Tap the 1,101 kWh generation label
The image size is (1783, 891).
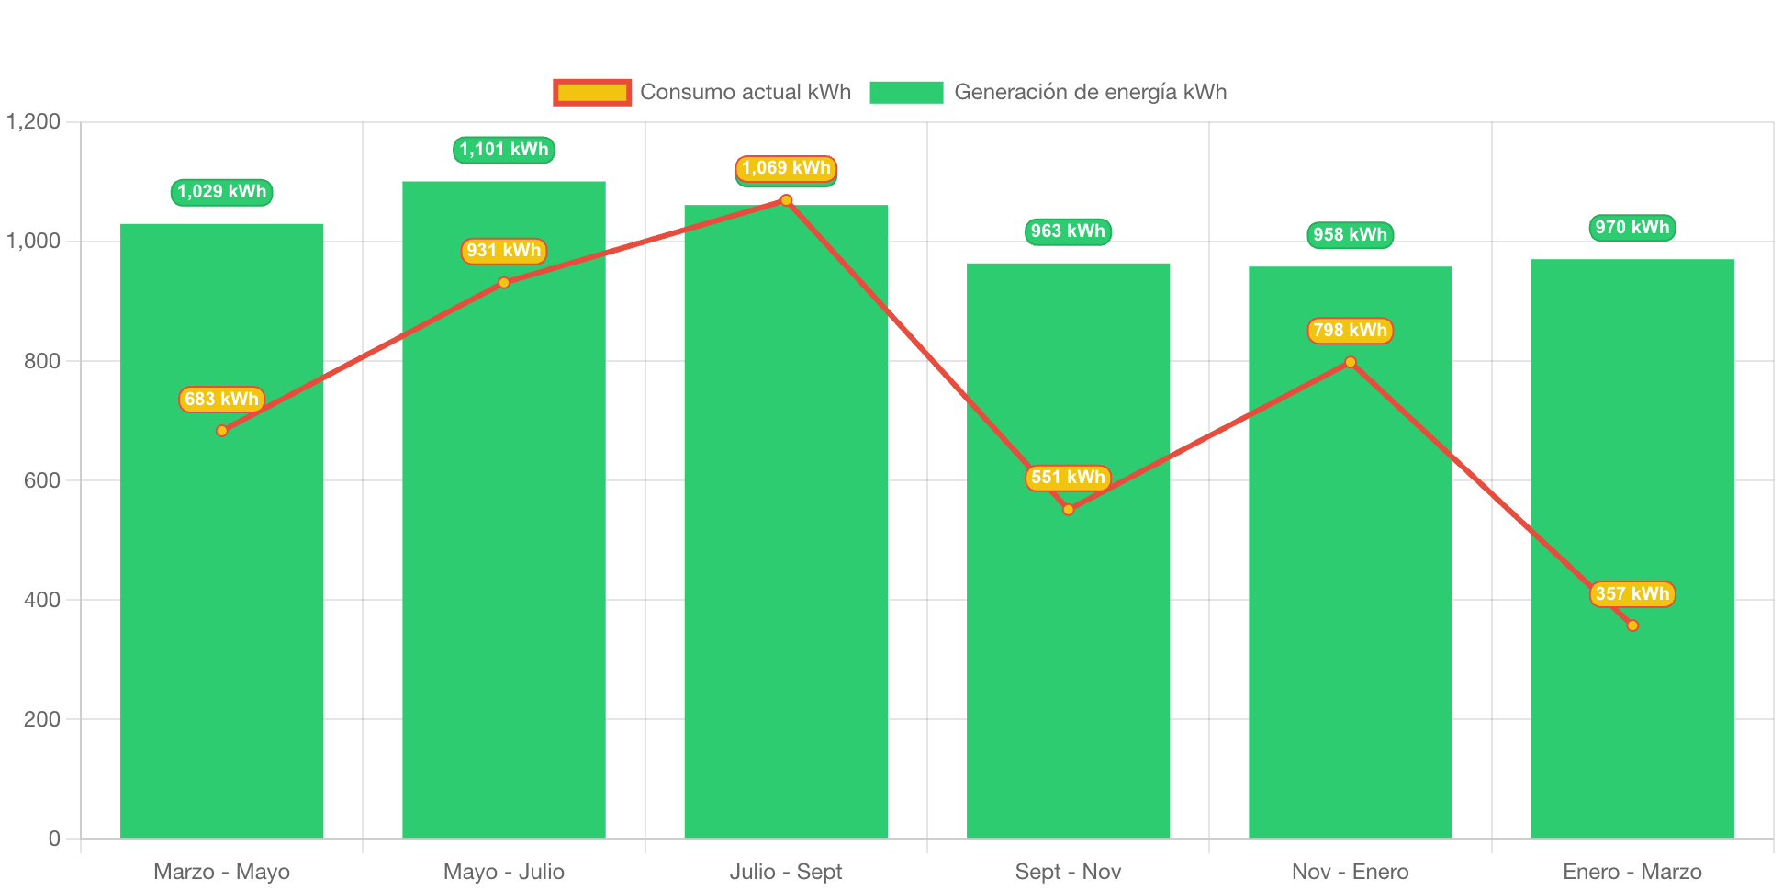click(x=504, y=150)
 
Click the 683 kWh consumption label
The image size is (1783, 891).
click(x=221, y=400)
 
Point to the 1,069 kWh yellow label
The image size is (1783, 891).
click(x=786, y=168)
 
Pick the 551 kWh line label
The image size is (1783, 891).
click(x=1068, y=478)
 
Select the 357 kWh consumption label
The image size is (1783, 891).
click(x=1632, y=594)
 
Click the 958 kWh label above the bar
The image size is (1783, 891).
click(x=1350, y=235)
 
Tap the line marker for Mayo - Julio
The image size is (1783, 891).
click(x=504, y=283)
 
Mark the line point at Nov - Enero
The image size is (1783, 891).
click(x=1350, y=362)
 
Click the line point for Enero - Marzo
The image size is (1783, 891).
click(x=1632, y=626)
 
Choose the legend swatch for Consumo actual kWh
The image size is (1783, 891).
click(x=592, y=92)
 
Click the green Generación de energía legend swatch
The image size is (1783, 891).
click(x=905, y=92)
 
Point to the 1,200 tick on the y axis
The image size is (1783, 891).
click(x=34, y=121)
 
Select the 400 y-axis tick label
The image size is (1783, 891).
click(x=42, y=600)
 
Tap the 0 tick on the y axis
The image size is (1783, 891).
click(x=54, y=839)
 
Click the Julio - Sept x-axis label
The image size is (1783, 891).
click(x=786, y=872)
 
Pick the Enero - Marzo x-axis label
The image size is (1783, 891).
click(x=1632, y=872)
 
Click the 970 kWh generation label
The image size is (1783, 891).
click(x=1632, y=228)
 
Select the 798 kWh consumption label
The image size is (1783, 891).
click(x=1350, y=331)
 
